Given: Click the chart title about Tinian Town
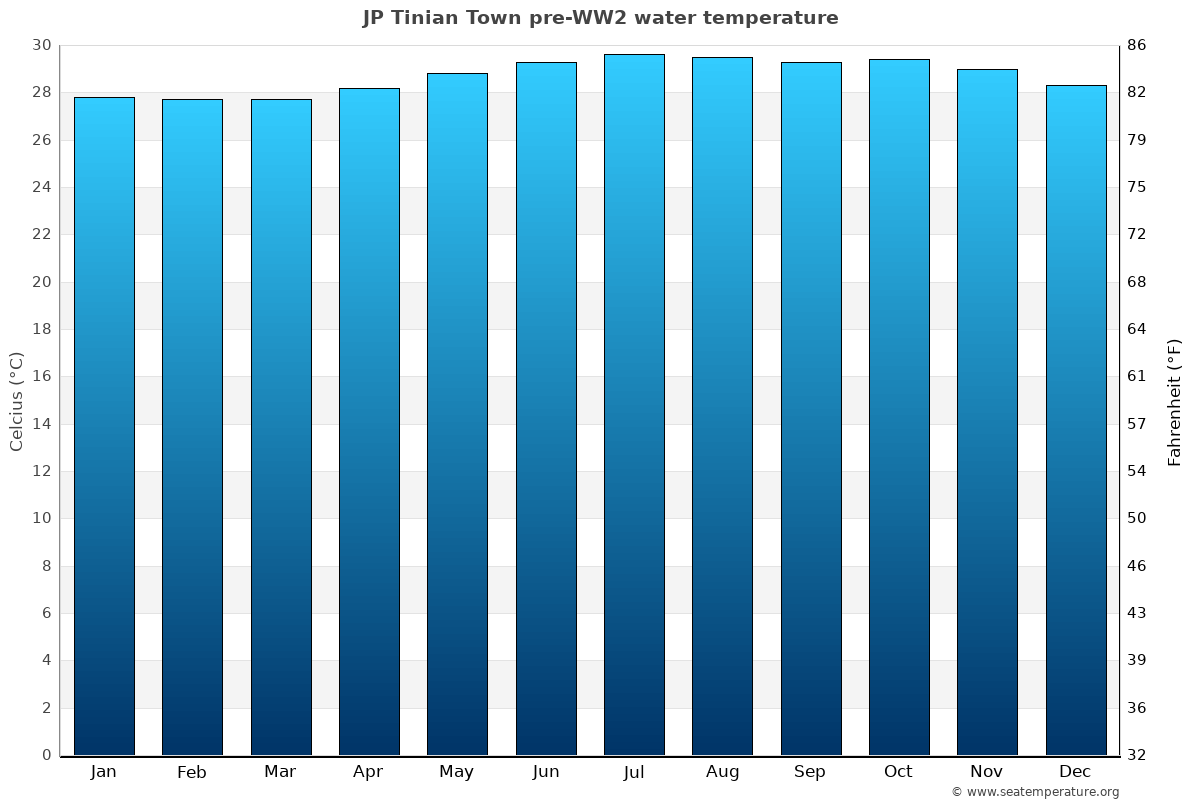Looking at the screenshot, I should point(600,18).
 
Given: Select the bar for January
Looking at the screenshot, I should point(104,426).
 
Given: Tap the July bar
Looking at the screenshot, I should point(634,405).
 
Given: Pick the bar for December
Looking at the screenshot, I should point(1076,420).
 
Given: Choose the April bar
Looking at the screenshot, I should point(369,421).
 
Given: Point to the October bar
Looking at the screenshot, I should point(899,407).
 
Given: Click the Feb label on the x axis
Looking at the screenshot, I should point(191,772).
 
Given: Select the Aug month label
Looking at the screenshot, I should point(722,772).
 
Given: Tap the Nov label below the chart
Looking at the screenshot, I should point(987,772).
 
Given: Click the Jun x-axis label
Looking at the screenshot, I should point(546,772).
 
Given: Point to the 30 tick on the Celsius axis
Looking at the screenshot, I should point(41,45).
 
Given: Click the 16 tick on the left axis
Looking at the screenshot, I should point(41,376).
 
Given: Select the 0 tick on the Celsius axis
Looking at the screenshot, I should point(46,755).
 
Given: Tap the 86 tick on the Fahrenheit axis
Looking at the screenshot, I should point(1137,45).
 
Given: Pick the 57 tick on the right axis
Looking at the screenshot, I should point(1137,424).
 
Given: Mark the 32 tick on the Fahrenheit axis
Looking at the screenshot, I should point(1137,755).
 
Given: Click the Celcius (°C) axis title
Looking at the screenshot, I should point(16,401).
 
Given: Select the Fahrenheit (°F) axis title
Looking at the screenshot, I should point(1175,401).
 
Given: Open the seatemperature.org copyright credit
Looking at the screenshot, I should point(1035,792).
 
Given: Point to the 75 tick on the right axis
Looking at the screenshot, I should point(1137,187).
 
